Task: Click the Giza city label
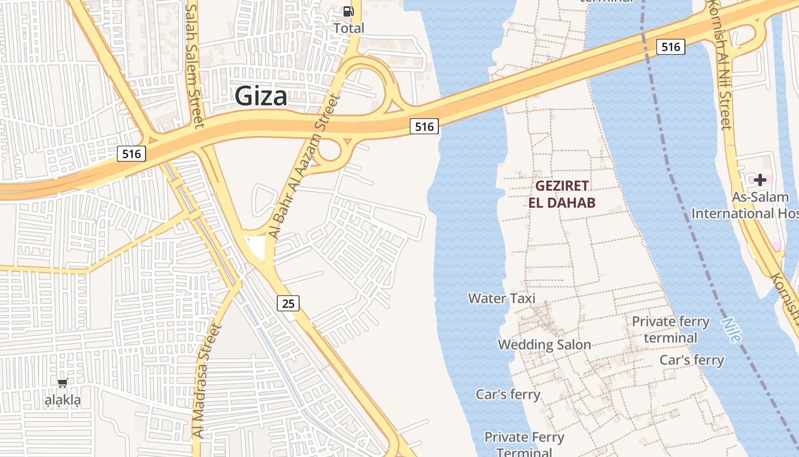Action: click(261, 96)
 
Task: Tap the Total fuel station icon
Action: click(348, 11)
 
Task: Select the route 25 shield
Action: click(289, 303)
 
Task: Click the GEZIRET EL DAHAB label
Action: click(562, 194)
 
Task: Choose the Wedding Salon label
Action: click(544, 344)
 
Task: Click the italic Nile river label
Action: click(731, 330)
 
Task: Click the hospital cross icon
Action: click(760, 181)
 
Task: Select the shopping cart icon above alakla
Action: click(63, 383)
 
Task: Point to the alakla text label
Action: click(63, 400)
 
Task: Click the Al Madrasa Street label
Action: click(199, 380)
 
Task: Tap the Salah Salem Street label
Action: click(195, 66)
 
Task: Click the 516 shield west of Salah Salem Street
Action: click(131, 154)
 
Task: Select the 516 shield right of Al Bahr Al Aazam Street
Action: click(424, 127)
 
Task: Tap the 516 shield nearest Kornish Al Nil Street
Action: click(671, 47)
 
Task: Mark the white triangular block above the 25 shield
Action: click(256, 247)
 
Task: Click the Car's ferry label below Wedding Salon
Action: click(508, 394)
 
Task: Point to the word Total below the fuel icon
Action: click(349, 28)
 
